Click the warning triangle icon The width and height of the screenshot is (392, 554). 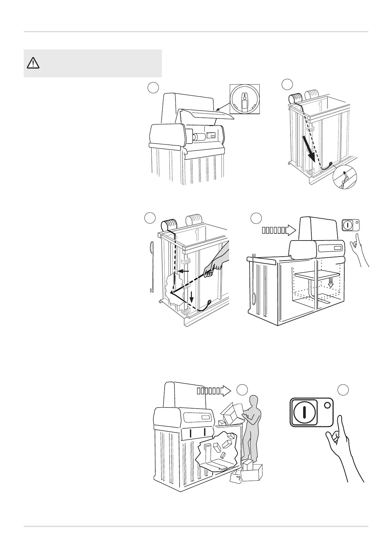pyautogui.click(x=33, y=63)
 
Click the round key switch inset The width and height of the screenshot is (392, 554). pyautogui.click(x=245, y=99)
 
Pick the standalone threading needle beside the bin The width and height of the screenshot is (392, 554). pyautogui.click(x=152, y=266)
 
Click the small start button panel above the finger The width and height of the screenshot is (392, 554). pyautogui.click(x=351, y=225)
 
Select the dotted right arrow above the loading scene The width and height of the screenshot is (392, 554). pyautogui.click(x=214, y=391)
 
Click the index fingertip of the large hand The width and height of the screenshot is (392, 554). pyautogui.click(x=340, y=418)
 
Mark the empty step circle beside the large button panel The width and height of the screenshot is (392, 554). pyautogui.click(x=343, y=390)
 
